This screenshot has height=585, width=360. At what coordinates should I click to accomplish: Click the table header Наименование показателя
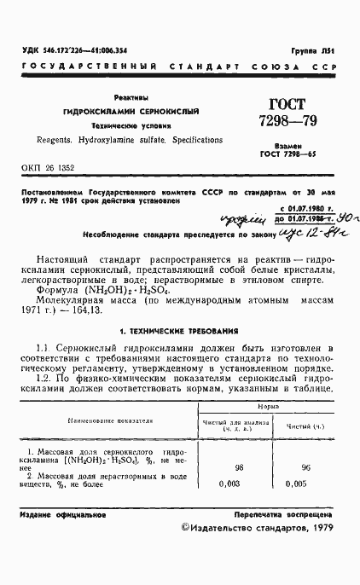(x=106, y=420)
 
